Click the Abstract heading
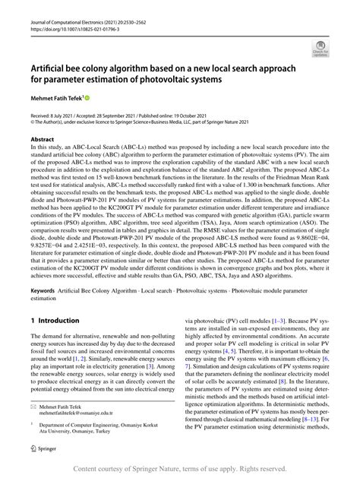(42, 140)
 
